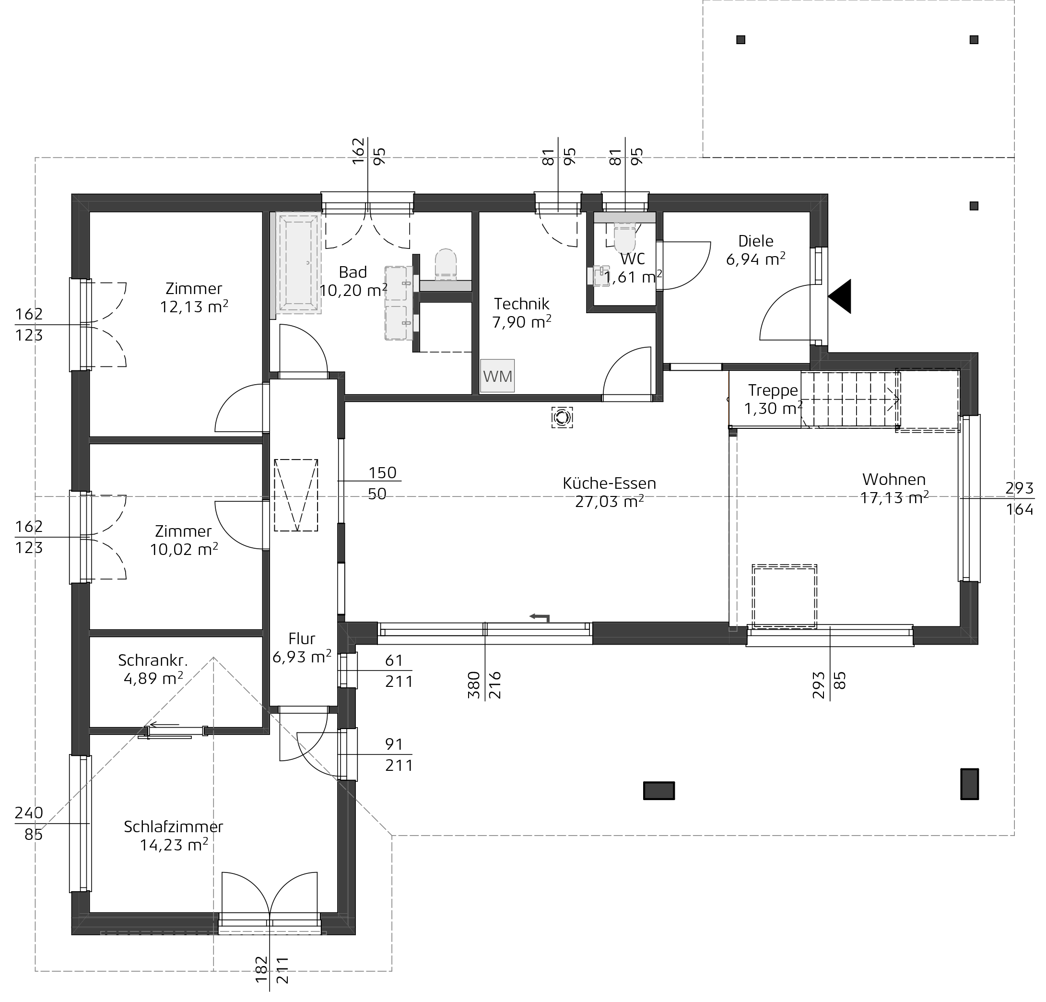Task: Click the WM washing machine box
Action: [x=497, y=376]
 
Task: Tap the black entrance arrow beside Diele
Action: [x=839, y=296]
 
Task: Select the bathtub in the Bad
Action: [x=298, y=263]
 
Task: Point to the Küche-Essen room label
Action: [x=609, y=483]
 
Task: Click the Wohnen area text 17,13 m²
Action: [x=894, y=497]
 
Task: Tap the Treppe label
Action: [x=773, y=391]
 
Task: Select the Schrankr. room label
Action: [x=153, y=660]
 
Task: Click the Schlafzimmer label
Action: [x=174, y=826]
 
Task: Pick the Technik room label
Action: [x=521, y=304]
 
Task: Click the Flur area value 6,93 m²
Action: [x=302, y=656]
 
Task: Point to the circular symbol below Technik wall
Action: [x=562, y=417]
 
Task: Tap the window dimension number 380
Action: [x=473, y=685]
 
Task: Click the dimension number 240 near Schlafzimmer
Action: [x=29, y=813]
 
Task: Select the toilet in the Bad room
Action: [x=446, y=264]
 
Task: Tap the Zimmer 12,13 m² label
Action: [x=194, y=297]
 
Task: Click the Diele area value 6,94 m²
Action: [x=756, y=259]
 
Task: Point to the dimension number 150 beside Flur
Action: [x=382, y=472]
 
